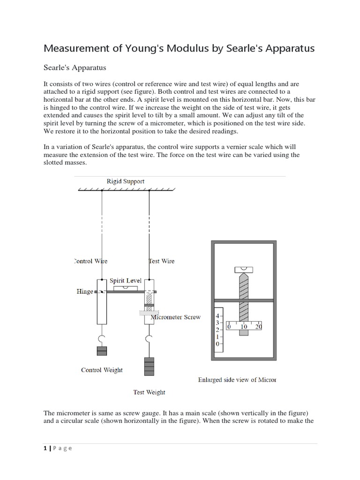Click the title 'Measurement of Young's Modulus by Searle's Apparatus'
point(179,48)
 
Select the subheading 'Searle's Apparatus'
point(75,67)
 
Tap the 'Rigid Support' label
point(125,181)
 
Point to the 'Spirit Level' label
point(126,281)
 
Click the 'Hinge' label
point(85,292)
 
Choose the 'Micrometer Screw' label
point(176,317)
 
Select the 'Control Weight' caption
point(102,370)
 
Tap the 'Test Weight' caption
point(149,392)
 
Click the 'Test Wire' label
point(162,261)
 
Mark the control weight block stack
point(102,352)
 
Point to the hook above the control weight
point(102,338)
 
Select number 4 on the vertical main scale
point(217,315)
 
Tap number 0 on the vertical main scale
point(217,344)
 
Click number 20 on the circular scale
point(258,326)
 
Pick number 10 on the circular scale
point(244,326)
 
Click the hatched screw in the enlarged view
point(243,300)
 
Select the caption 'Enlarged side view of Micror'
point(237,380)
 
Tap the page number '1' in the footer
point(45,448)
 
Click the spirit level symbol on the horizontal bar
point(126,287)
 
